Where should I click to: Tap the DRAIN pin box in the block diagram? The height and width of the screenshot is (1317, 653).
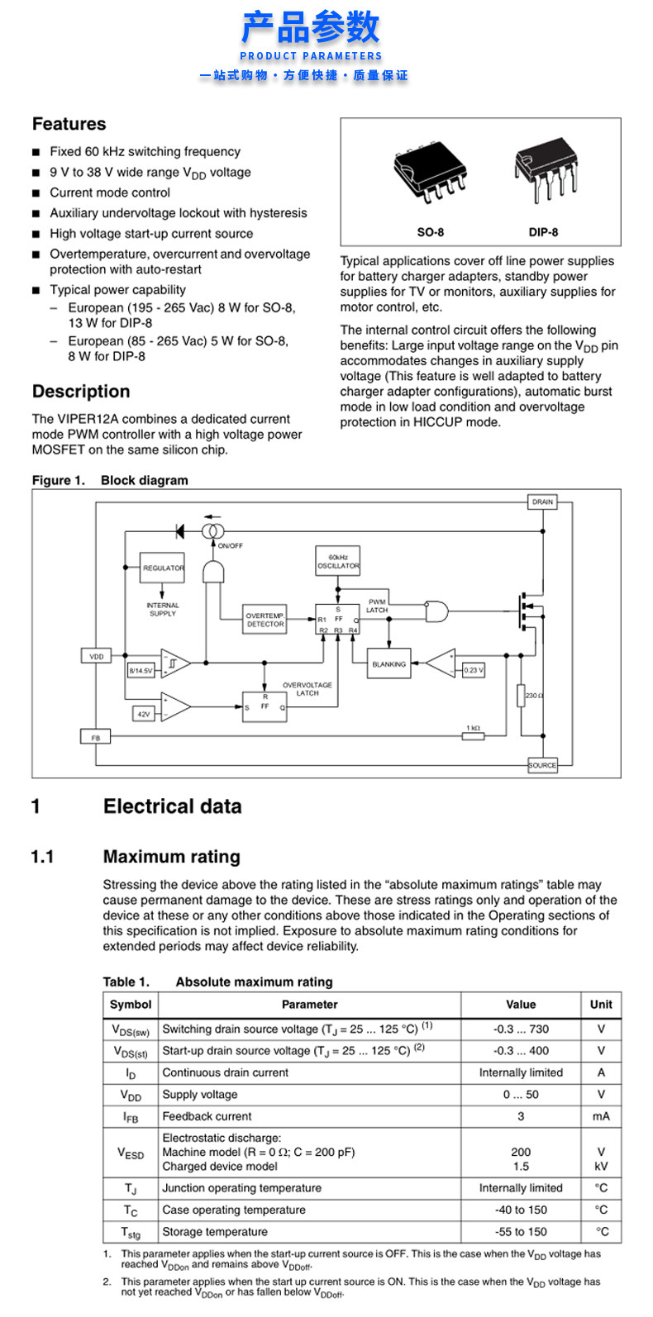tap(542, 502)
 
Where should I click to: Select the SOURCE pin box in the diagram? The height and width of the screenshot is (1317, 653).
tap(542, 765)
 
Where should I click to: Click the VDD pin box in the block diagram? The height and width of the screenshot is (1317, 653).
tap(97, 656)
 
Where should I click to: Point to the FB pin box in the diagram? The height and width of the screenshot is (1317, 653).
tap(96, 737)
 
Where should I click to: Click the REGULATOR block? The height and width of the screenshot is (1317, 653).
tap(163, 568)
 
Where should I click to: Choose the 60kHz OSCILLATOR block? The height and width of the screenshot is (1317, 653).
tap(338, 562)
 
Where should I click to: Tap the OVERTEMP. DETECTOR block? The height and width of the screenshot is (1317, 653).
tap(265, 620)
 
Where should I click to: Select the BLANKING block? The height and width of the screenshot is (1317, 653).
tap(388, 664)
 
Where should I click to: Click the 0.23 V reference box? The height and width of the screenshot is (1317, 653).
tap(473, 670)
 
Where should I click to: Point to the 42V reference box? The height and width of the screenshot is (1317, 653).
tap(144, 714)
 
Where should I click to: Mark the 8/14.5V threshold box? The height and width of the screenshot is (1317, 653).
tap(141, 670)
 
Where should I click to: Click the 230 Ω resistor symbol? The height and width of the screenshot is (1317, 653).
tap(522, 696)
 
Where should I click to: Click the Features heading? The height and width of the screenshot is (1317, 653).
tap(69, 124)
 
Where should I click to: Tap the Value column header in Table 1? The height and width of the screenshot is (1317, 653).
tap(521, 1005)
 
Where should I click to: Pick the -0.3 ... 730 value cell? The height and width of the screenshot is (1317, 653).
tap(521, 1029)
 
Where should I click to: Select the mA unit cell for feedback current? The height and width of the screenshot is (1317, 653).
tap(601, 1116)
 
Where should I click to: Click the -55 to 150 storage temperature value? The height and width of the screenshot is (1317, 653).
tap(521, 1232)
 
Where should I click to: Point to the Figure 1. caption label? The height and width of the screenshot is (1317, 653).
tap(59, 480)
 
